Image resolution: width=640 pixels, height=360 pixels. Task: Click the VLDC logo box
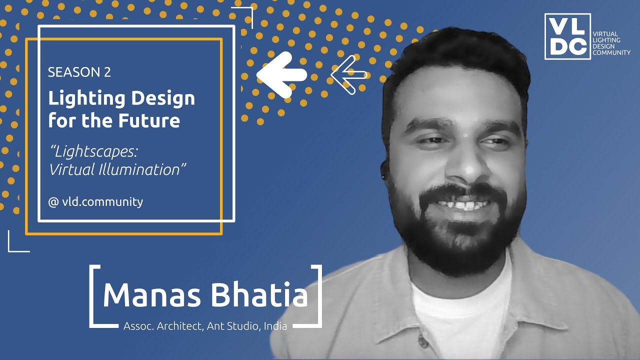(567, 36)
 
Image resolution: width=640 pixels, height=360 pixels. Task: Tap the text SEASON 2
(79, 72)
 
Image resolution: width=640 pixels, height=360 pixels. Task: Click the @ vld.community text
(95, 202)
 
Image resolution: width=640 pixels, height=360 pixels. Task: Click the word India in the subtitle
(275, 326)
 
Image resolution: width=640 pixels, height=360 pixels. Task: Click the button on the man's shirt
(423, 343)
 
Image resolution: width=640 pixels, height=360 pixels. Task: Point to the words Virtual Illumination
(114, 169)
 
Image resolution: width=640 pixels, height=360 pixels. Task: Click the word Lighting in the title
(85, 98)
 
